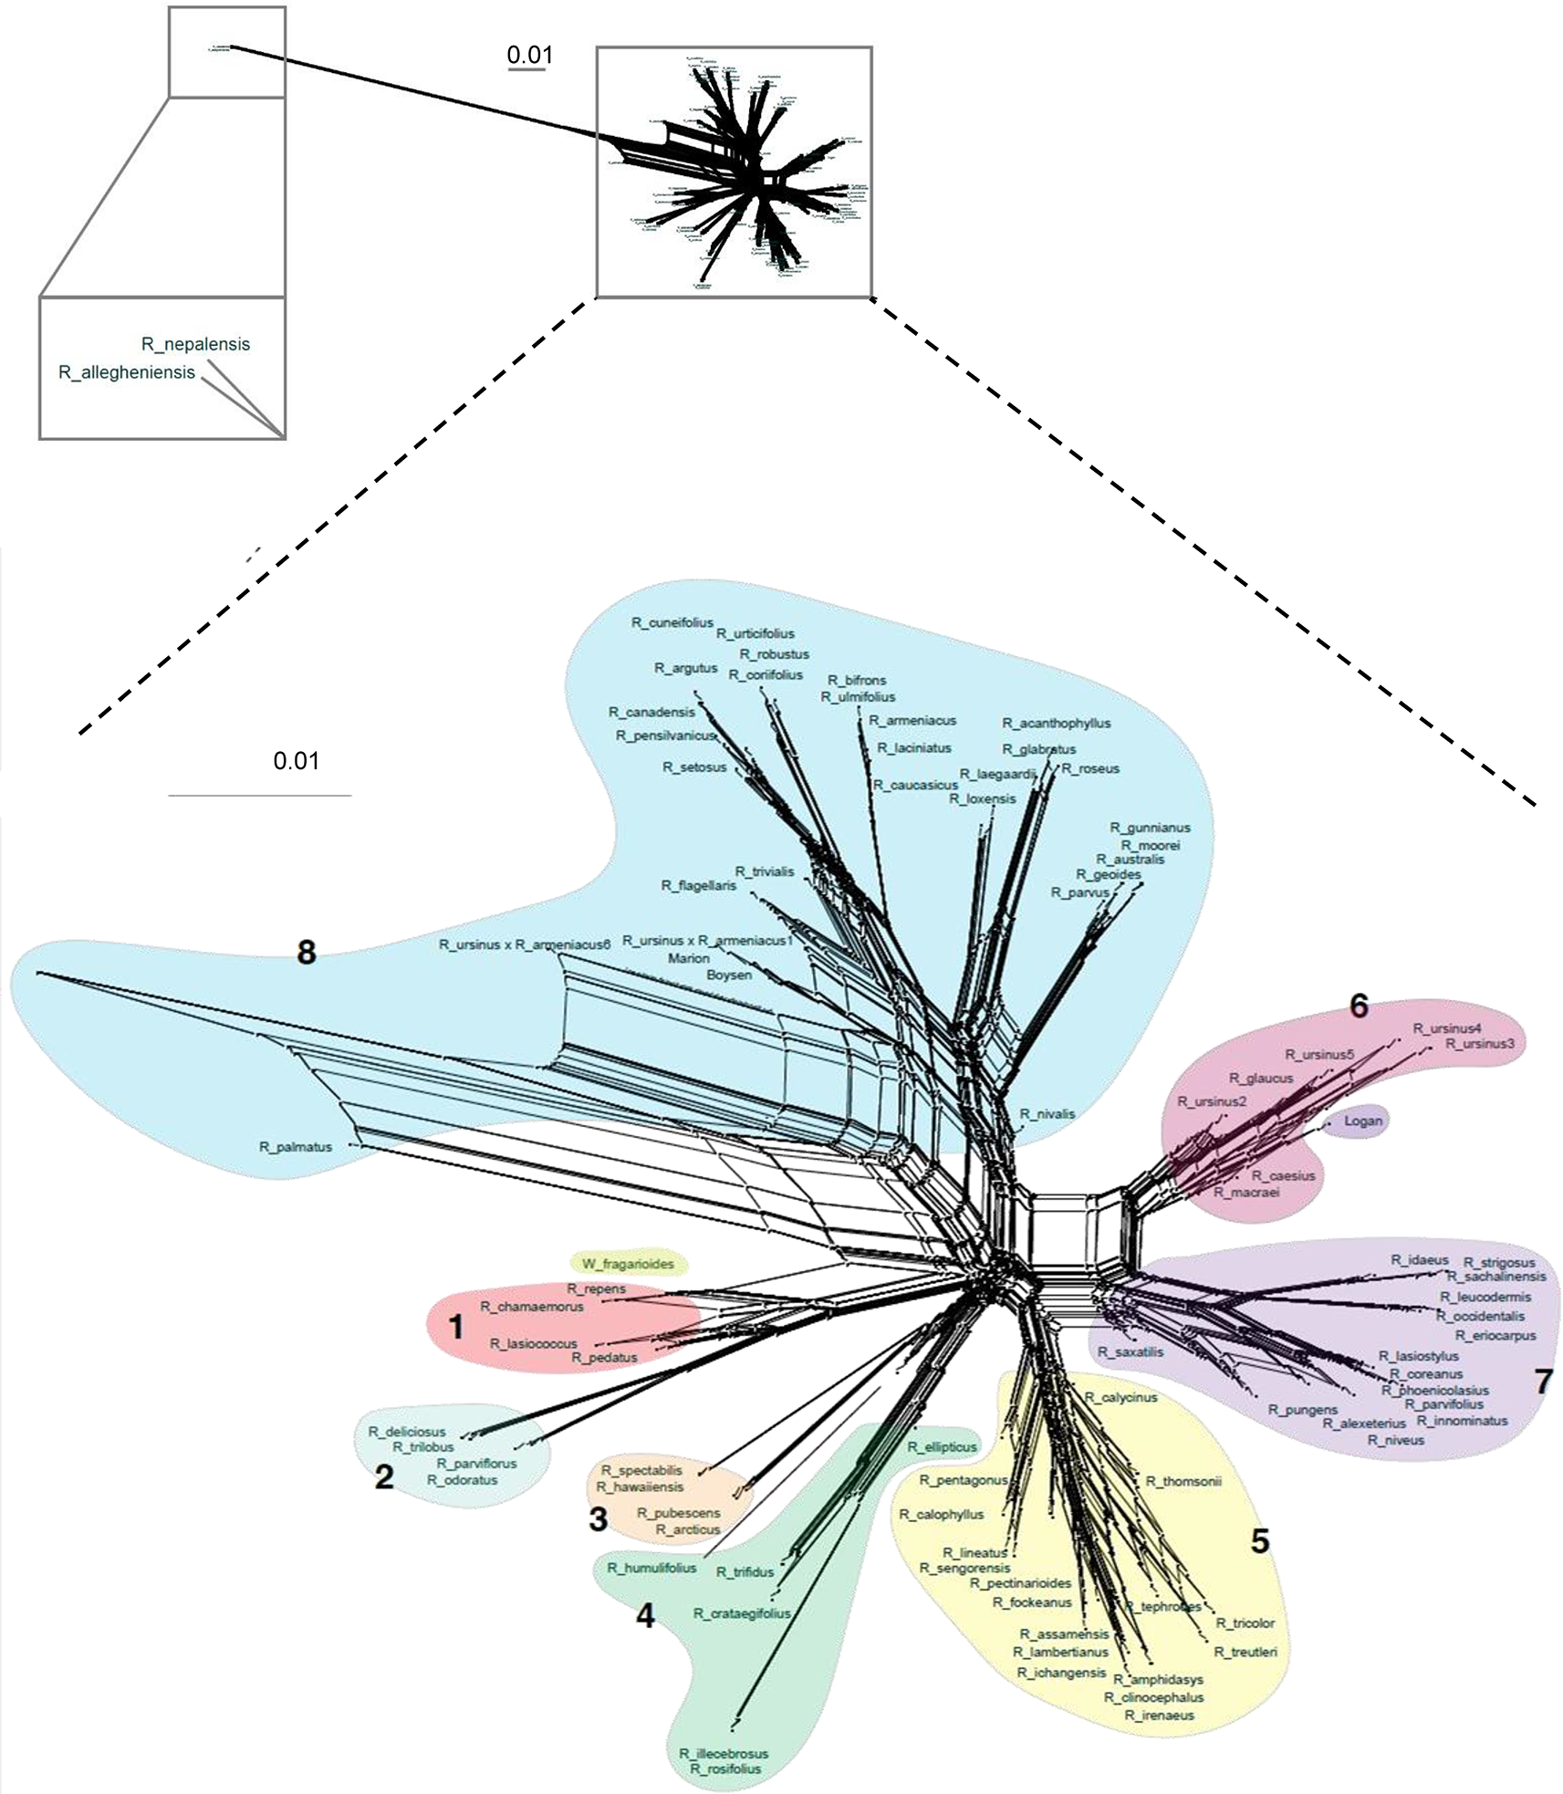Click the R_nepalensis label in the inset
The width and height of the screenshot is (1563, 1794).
tap(195, 344)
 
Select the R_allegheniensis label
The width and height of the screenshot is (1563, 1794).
tap(127, 372)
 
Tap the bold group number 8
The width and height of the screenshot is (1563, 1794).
tap(307, 953)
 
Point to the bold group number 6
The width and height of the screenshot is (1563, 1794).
tap(1359, 1006)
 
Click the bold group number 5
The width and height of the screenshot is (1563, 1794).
tap(1259, 1541)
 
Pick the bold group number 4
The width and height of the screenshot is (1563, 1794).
tap(645, 1616)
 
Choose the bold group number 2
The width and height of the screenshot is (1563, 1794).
tap(384, 1477)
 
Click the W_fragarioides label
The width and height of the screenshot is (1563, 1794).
tap(628, 1264)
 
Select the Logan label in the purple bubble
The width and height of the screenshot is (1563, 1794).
tap(1363, 1121)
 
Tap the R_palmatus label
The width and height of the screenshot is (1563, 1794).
tap(296, 1147)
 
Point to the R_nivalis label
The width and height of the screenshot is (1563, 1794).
tap(1047, 1114)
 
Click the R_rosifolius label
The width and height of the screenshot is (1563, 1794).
tap(725, 1768)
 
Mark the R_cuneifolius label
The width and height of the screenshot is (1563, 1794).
tap(672, 622)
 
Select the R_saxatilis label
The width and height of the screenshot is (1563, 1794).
tap(1131, 1351)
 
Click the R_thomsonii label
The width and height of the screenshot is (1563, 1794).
tap(1183, 1481)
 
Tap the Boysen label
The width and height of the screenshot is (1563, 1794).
tap(729, 975)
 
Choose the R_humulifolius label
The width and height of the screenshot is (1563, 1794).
tap(651, 1568)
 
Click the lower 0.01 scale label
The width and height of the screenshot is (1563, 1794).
tap(297, 761)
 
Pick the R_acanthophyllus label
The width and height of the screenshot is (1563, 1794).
tap(1057, 723)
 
